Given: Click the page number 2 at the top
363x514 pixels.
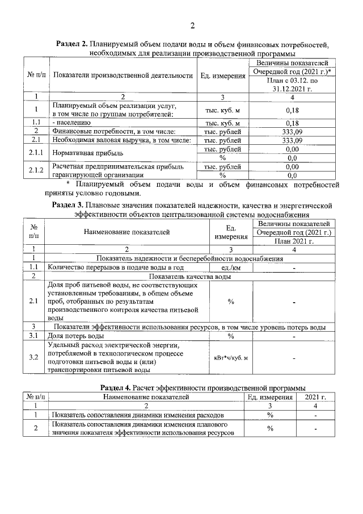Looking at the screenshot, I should pos(192,26).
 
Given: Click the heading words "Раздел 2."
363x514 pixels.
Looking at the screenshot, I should pos(76,44).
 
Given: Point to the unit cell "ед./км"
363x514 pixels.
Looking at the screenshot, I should pos(231,267).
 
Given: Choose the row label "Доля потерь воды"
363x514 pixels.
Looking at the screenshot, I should pos(75,336).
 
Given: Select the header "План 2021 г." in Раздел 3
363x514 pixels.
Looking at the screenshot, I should pos(294,241).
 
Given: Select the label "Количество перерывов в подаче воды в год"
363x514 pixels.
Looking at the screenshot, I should pos(116,267).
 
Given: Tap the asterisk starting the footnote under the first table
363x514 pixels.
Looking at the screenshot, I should pos(67,183).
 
